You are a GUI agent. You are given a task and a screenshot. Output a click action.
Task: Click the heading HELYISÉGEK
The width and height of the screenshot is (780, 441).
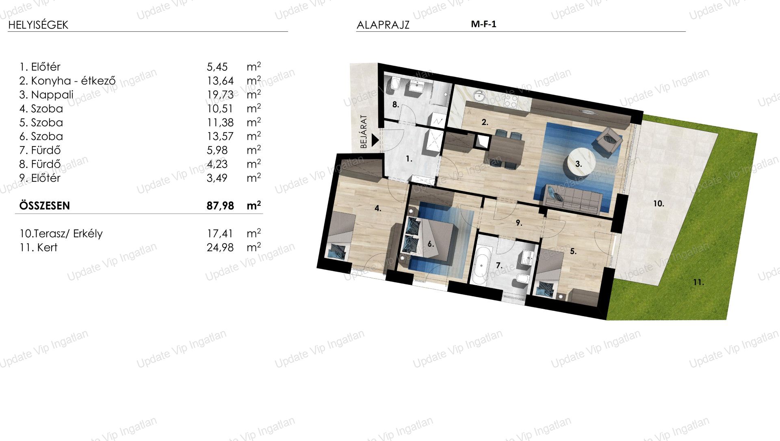(x=38, y=25)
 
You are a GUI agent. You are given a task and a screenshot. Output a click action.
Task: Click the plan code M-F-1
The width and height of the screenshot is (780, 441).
(x=483, y=24)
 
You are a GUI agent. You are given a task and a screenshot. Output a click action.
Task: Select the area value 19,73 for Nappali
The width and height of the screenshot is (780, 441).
(x=220, y=95)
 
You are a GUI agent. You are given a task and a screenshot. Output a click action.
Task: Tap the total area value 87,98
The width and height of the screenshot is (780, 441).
(x=220, y=206)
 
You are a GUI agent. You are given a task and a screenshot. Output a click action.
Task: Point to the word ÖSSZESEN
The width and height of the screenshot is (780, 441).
(x=45, y=206)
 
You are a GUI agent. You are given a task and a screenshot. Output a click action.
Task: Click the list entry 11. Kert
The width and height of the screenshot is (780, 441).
(x=39, y=247)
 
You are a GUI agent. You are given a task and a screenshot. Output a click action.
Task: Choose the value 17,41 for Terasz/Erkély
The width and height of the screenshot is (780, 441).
(x=220, y=234)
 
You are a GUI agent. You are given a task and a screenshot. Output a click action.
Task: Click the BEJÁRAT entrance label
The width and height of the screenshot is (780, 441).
(x=364, y=131)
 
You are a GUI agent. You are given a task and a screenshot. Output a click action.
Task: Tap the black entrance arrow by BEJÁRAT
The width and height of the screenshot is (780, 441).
(x=375, y=140)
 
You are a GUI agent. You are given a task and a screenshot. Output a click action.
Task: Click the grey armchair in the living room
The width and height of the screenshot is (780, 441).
(x=609, y=141)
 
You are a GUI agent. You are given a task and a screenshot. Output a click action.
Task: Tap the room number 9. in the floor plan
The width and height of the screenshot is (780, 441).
(x=519, y=223)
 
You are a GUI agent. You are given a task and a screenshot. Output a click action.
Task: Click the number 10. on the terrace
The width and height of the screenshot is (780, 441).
(x=659, y=203)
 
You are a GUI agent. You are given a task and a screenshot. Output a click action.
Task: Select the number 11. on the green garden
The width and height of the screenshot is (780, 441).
(x=698, y=282)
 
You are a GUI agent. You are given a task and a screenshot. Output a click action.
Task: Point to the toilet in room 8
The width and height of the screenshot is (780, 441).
(x=394, y=85)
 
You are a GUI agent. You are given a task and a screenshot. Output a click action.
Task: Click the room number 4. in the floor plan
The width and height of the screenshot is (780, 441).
(x=378, y=209)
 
